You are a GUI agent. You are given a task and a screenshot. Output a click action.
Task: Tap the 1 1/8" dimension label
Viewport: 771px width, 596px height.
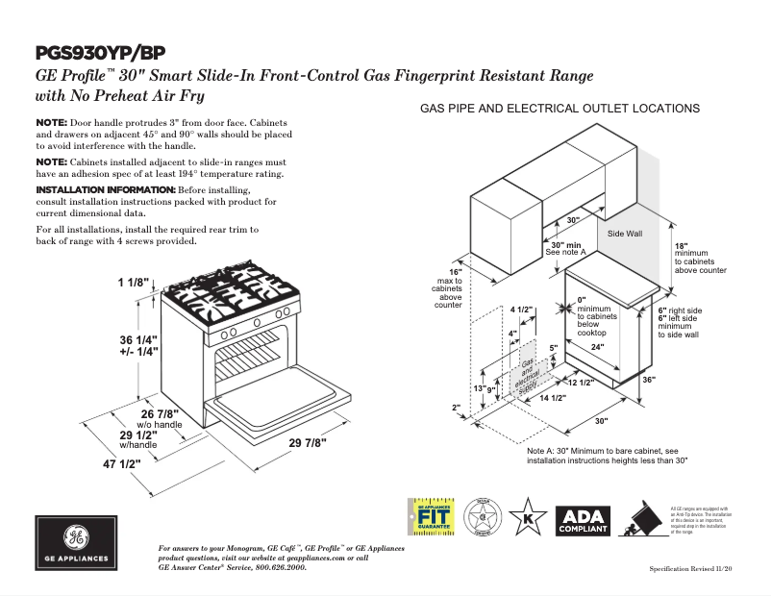tap(135, 283)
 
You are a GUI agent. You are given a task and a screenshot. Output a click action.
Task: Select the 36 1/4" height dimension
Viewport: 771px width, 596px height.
tap(138, 340)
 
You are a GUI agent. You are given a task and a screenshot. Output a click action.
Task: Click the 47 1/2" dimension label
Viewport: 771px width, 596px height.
tap(121, 464)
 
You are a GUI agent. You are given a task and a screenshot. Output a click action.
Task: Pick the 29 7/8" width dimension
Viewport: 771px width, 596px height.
tap(307, 442)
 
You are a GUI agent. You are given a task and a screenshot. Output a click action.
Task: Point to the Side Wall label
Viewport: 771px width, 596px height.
tap(625, 234)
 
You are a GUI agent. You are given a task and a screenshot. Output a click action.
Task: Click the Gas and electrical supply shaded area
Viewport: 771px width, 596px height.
tap(527, 372)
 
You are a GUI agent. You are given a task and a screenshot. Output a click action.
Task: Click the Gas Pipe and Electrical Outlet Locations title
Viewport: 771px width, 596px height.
tap(560, 109)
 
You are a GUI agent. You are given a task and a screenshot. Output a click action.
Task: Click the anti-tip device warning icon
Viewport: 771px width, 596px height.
tap(644, 520)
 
